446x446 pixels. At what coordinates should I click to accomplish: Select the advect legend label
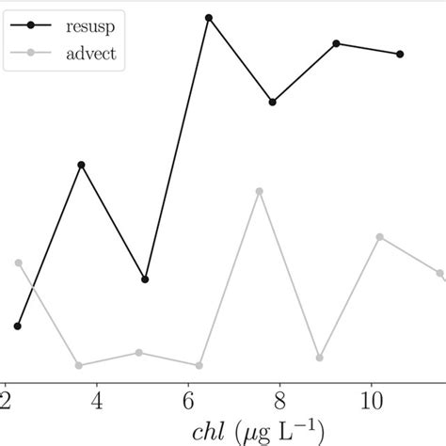click(x=91, y=54)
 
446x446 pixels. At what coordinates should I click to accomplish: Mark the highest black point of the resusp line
click(x=208, y=18)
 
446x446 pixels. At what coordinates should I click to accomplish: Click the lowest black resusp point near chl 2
click(x=18, y=326)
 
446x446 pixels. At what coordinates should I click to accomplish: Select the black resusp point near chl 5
click(x=145, y=279)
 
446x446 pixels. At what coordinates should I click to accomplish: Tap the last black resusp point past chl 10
click(x=401, y=54)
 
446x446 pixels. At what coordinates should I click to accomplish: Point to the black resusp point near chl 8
click(x=272, y=102)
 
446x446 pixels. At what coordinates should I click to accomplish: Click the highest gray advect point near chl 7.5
click(x=259, y=191)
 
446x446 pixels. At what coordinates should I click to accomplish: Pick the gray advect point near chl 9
click(x=320, y=358)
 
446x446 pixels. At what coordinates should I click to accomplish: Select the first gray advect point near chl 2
click(x=18, y=263)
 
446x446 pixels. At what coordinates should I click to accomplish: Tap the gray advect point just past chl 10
click(x=380, y=237)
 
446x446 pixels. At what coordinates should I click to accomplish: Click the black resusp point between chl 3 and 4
click(x=82, y=165)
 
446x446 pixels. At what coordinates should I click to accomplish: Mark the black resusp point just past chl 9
click(x=336, y=43)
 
